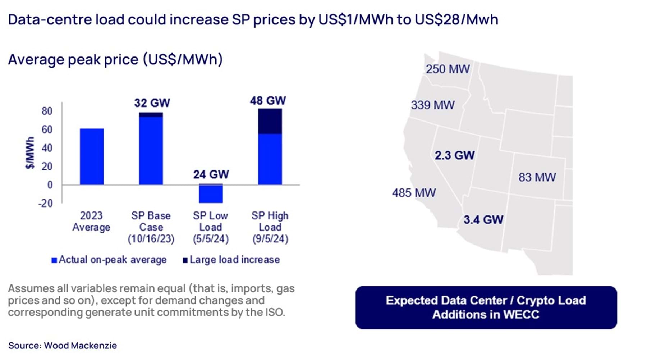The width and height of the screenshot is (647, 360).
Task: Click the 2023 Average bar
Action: (92, 156)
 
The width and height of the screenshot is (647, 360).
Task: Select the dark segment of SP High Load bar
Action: (270, 121)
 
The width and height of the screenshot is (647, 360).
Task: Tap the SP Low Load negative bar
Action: (211, 193)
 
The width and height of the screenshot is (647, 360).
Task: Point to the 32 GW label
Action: (152, 103)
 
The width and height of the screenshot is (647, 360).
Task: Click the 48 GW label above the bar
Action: (268, 100)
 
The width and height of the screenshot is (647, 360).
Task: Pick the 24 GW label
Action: (211, 174)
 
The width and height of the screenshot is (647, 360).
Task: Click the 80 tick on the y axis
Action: (47, 111)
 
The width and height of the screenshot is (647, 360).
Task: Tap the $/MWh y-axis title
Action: (30, 152)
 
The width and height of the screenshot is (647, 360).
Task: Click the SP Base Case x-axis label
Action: (151, 227)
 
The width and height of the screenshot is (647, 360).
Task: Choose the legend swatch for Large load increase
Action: (185, 260)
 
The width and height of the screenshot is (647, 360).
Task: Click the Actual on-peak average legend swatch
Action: (54, 260)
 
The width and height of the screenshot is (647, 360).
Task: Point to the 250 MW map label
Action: (448, 69)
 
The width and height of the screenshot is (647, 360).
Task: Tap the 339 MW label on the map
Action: (432, 105)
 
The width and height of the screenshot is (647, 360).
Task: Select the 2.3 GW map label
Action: (454, 155)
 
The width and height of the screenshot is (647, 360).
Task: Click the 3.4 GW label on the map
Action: (483, 220)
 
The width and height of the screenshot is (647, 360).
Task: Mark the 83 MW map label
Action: (537, 177)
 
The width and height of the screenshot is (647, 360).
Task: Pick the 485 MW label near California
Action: (414, 193)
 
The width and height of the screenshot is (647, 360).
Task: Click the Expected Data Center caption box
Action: (486, 307)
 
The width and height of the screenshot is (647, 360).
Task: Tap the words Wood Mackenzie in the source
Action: (81, 346)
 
